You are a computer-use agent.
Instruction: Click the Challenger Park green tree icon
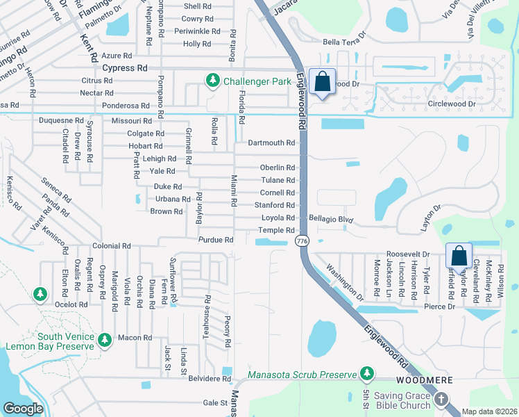212,81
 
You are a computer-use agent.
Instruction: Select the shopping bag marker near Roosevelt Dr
459,256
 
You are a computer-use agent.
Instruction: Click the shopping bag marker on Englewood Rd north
323,81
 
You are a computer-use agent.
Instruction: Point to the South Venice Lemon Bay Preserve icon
104,340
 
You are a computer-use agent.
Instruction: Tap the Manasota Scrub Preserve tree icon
366,375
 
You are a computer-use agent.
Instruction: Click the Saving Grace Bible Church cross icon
442,400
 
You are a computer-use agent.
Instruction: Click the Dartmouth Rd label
272,142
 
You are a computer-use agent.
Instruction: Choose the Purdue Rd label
215,240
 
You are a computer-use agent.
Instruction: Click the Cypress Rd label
125,68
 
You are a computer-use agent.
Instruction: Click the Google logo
23,409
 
